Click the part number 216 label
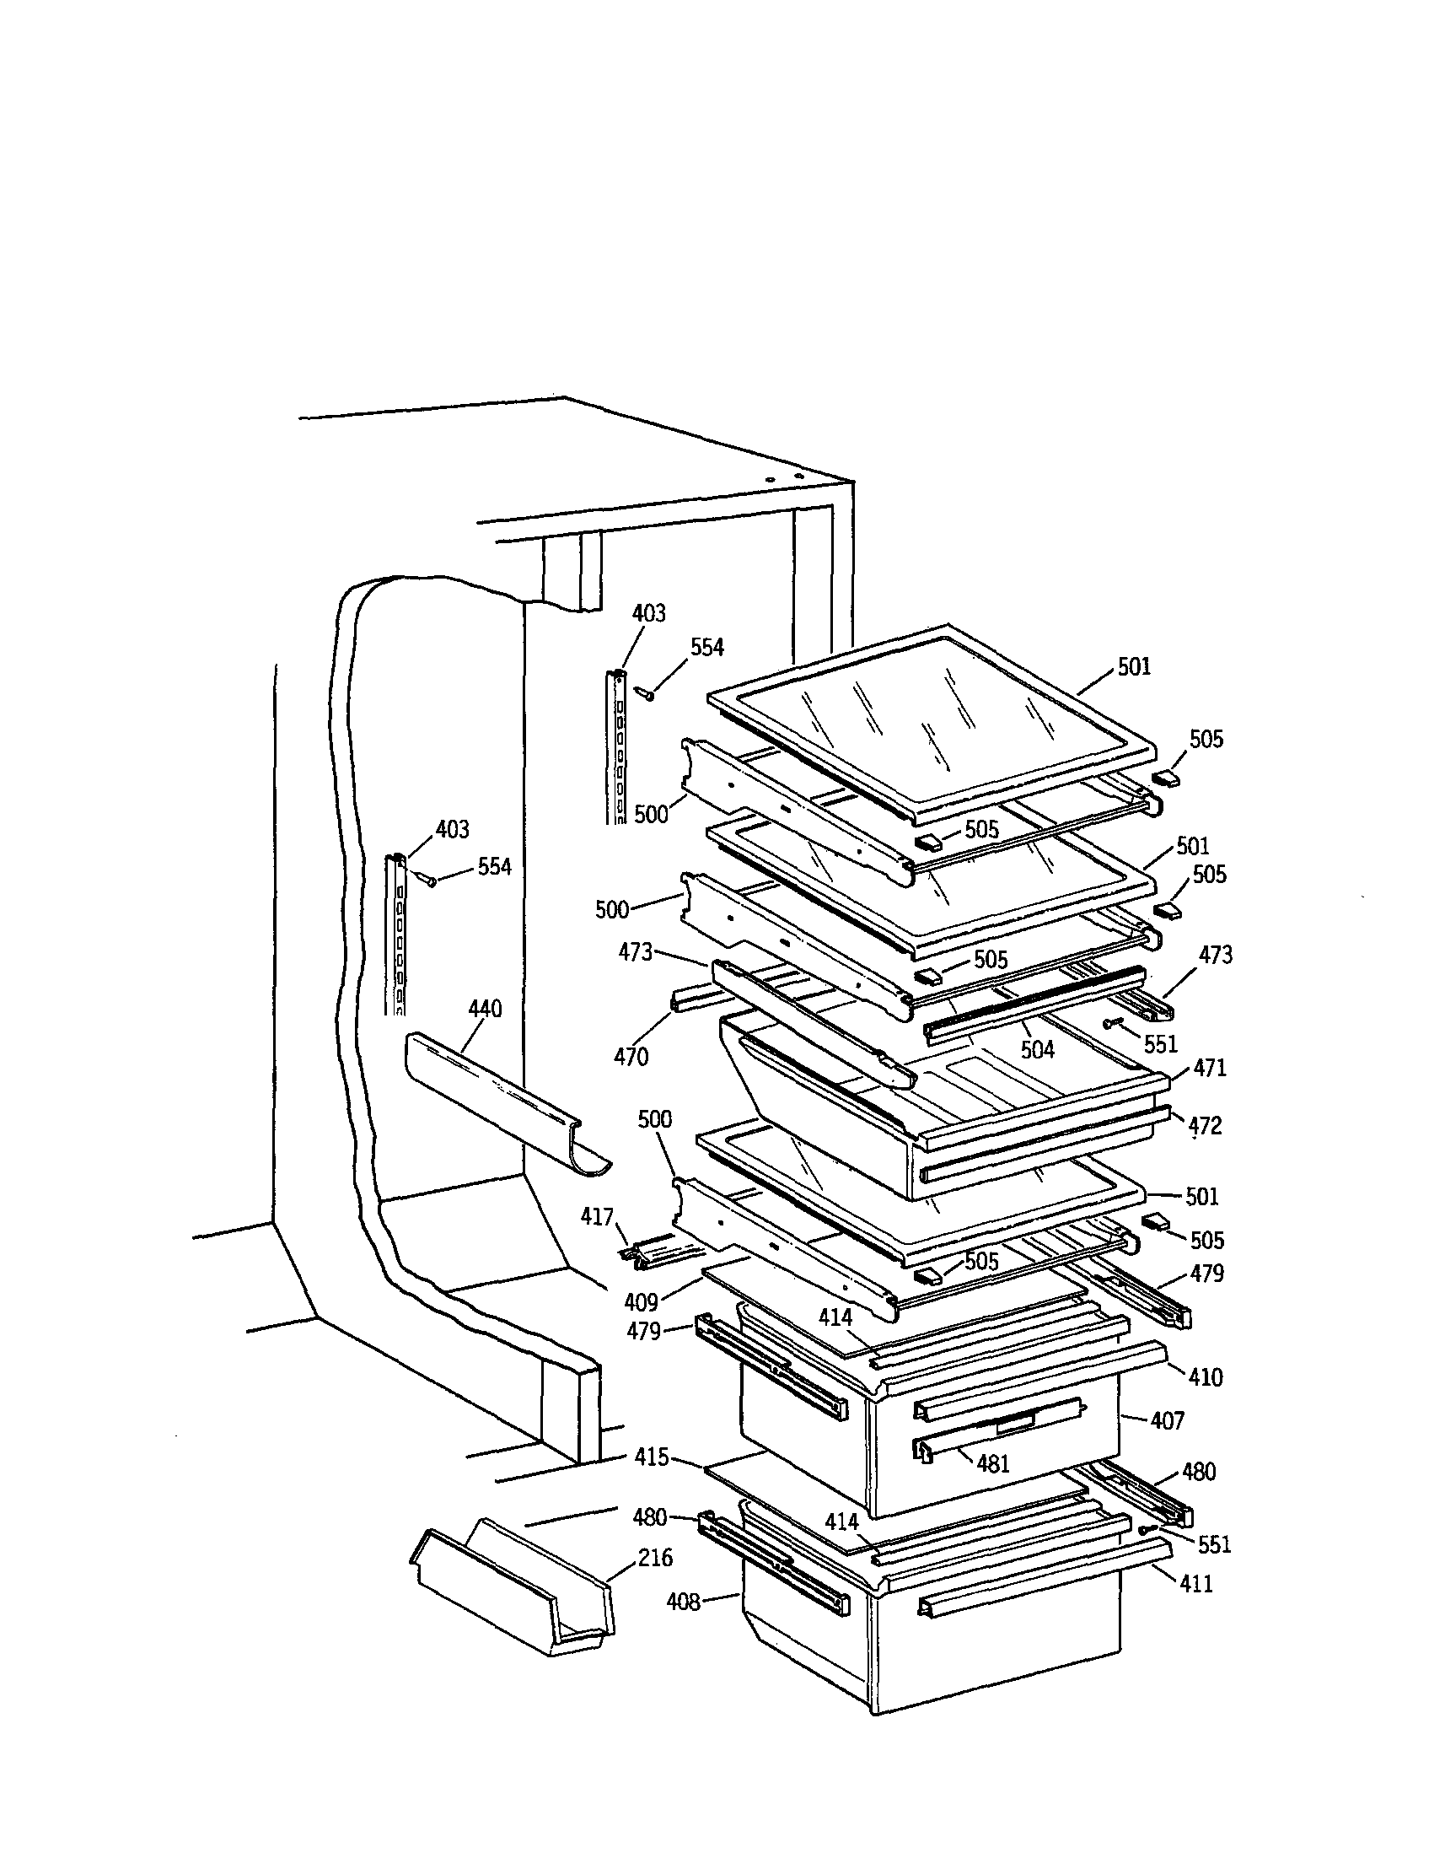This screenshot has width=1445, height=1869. point(655,1558)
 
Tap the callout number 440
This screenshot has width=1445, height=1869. point(485,1009)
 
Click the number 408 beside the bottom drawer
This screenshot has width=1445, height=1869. point(684,1601)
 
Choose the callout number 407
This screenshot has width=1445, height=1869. point(1167,1420)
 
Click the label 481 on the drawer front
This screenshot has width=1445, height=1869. point(992,1463)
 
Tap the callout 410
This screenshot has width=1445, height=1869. point(1205,1377)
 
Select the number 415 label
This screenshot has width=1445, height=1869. point(652,1457)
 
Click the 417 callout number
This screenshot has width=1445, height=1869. point(597,1216)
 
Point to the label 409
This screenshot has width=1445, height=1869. point(641,1301)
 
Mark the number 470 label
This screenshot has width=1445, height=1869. point(631,1057)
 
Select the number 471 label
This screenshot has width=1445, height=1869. point(1210,1067)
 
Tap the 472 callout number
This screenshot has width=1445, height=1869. point(1205,1125)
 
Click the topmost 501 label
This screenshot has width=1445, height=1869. point(1135,666)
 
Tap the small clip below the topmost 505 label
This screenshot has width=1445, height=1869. point(1166,778)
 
